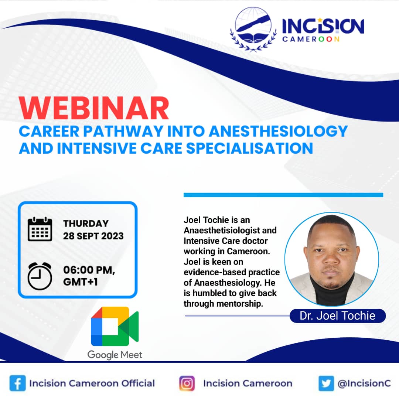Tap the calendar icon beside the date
click(x=40, y=229)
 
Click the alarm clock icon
click(x=40, y=276)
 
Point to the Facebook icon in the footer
click(x=18, y=383)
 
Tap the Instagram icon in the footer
click(x=187, y=383)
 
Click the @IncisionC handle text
click(x=364, y=383)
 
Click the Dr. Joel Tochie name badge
click(x=338, y=316)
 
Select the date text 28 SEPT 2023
click(x=93, y=236)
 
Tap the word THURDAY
click(x=86, y=224)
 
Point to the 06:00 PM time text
click(x=89, y=270)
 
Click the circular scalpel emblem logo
click(x=253, y=28)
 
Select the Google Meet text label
click(x=115, y=355)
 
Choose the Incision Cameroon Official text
click(x=92, y=383)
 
